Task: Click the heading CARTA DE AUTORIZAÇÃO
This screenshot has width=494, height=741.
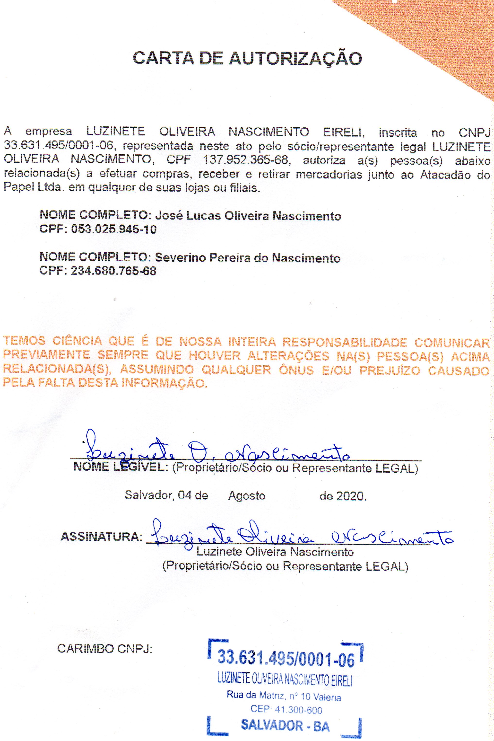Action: tap(247, 58)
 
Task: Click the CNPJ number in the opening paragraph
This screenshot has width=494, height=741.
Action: tap(58, 146)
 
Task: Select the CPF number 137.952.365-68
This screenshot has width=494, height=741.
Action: tap(245, 160)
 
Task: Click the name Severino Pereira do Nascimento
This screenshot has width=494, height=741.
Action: tap(248, 258)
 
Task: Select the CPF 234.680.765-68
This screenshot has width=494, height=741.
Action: tap(113, 271)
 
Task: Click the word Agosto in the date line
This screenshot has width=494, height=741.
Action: tap(247, 496)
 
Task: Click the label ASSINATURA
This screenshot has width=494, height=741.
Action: tap(101, 537)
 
